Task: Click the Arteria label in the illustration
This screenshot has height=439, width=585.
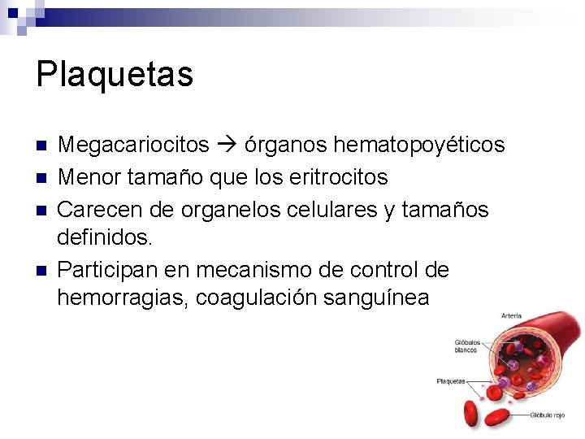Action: point(512,315)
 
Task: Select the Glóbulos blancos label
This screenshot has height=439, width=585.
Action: point(467,347)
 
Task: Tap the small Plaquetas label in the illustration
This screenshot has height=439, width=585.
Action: point(451,380)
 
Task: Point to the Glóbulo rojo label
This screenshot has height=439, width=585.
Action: point(548,415)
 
